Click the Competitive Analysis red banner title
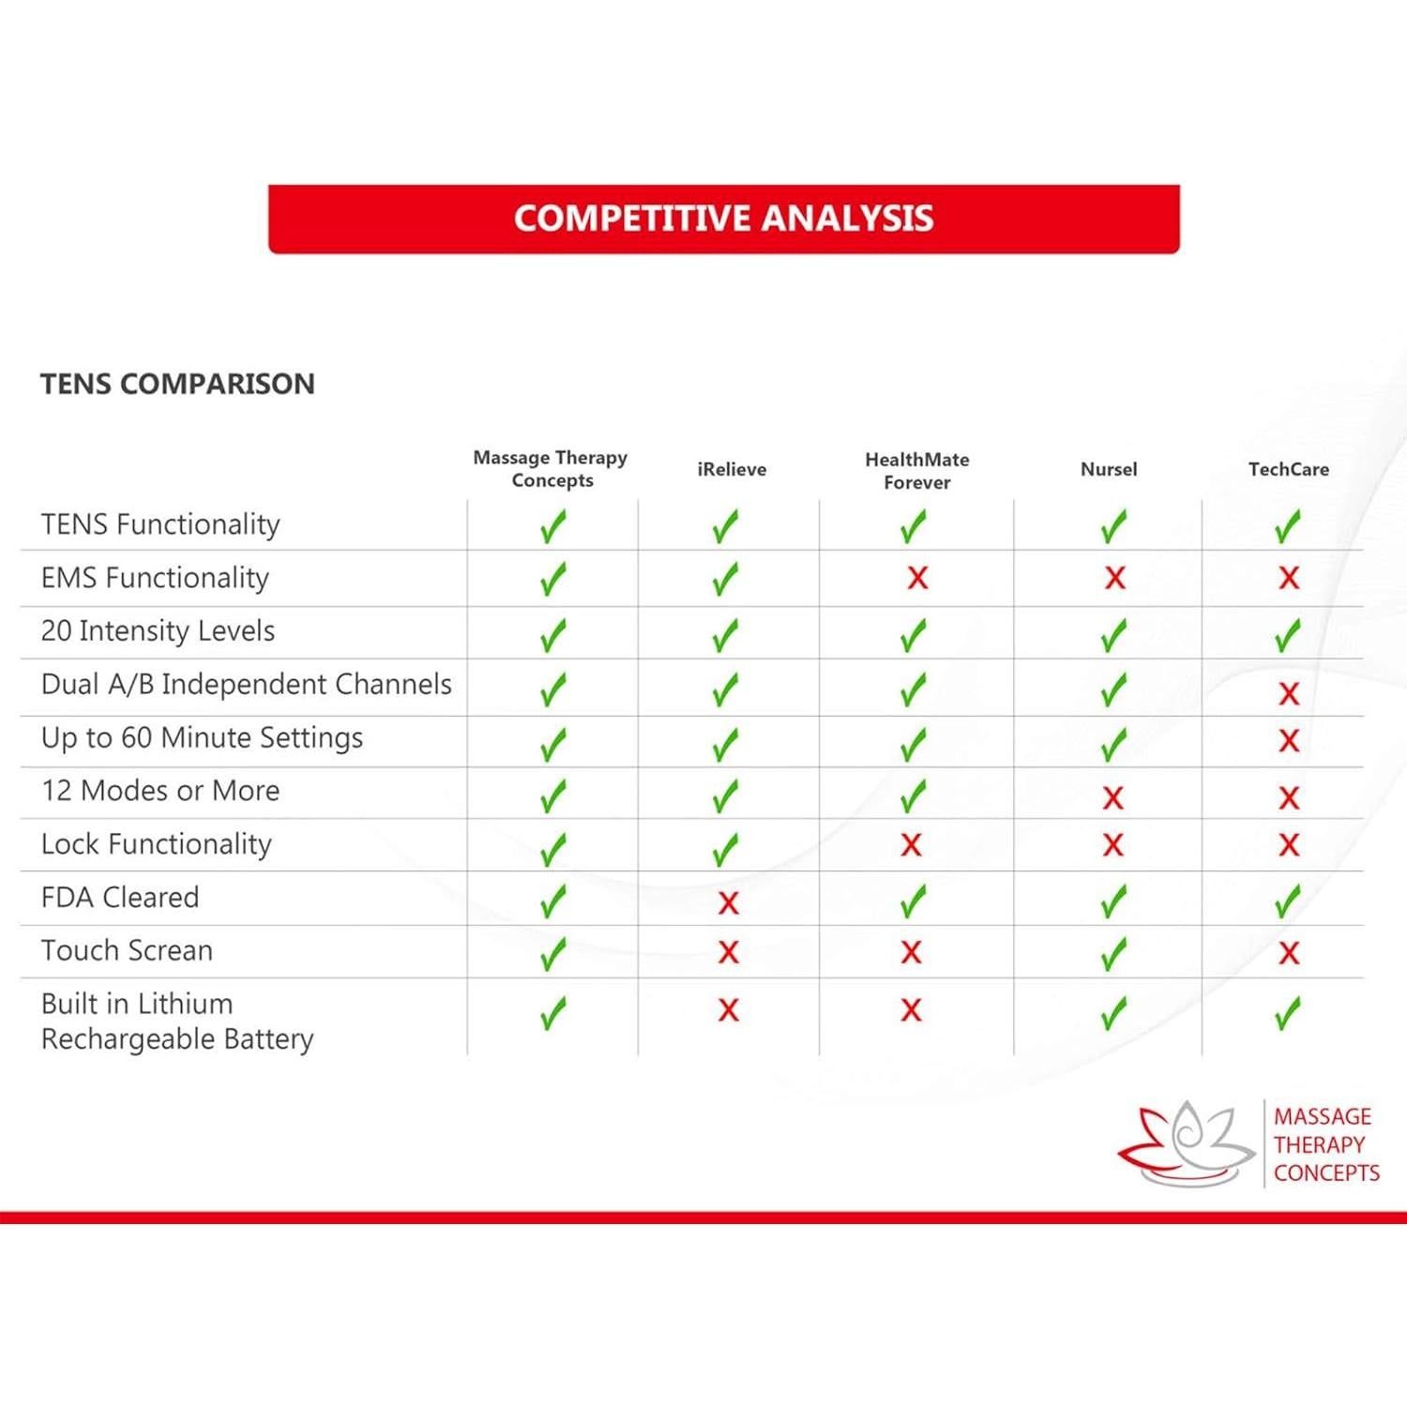click(x=723, y=219)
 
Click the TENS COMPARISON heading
click(x=177, y=384)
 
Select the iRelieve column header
click(x=732, y=469)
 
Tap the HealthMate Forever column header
click(x=916, y=471)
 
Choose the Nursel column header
click(x=1109, y=469)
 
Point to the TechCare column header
click(x=1288, y=469)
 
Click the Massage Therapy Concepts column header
click(x=551, y=469)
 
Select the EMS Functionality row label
click(x=155, y=578)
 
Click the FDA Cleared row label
click(x=120, y=898)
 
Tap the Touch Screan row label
click(x=127, y=951)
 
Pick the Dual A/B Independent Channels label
click(x=246, y=685)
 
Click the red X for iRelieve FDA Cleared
click(x=728, y=903)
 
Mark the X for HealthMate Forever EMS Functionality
click(x=917, y=578)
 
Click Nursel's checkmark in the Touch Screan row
click(x=1113, y=954)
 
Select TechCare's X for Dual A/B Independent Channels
click(x=1289, y=694)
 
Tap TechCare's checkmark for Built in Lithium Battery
click(x=1288, y=1013)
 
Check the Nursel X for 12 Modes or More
click(x=1113, y=798)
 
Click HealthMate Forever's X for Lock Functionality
click(x=911, y=845)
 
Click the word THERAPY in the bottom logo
click(x=1319, y=1145)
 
